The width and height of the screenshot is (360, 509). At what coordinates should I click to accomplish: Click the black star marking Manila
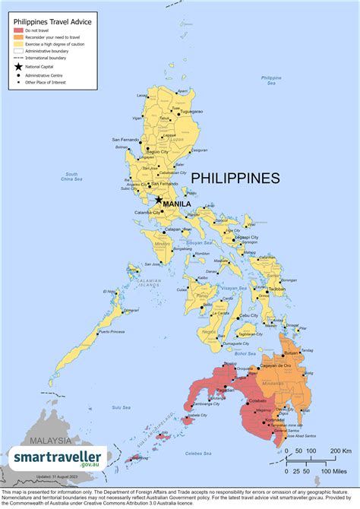pyautogui.click(x=159, y=200)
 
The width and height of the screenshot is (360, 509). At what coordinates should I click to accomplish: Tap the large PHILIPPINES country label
pyautogui.click(x=235, y=179)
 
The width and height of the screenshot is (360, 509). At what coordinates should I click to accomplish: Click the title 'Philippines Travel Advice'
pyautogui.click(x=53, y=22)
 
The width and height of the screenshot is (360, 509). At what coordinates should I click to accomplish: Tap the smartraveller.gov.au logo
pyautogui.click(x=59, y=459)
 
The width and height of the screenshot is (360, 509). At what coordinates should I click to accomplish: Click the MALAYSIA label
pyautogui.click(x=46, y=441)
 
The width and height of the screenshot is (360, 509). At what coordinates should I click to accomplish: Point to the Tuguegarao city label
pyautogui.click(x=191, y=111)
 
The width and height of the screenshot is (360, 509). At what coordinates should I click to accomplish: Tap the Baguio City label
pyautogui.click(x=158, y=152)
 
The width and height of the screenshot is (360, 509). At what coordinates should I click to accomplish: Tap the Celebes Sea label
pyautogui.click(x=205, y=453)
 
